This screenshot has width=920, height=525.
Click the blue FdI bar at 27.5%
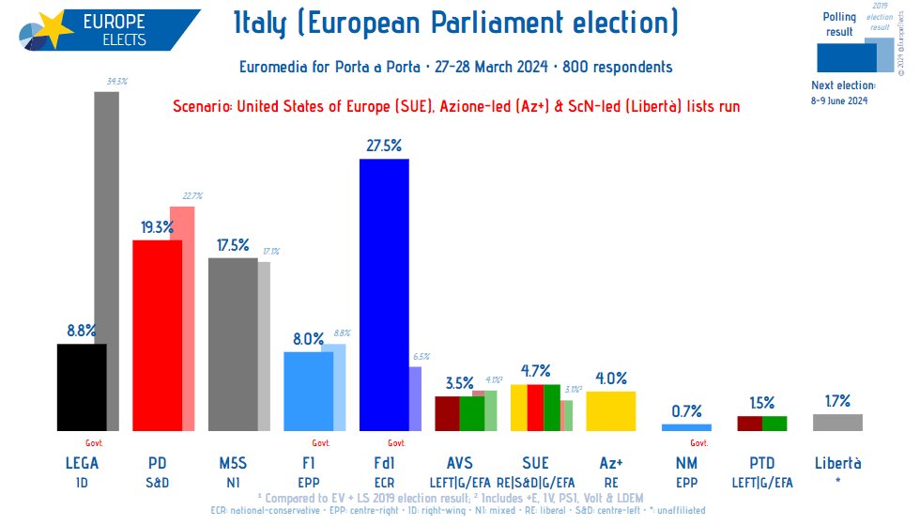coord(384,294)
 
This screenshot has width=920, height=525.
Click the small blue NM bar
coord(686,427)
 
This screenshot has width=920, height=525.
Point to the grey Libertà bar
coord(837,423)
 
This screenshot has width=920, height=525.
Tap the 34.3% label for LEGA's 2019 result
coord(117,83)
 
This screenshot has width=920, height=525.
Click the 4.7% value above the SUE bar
coord(535,370)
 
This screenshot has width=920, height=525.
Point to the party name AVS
coord(460,462)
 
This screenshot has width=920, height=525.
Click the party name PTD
coord(761,462)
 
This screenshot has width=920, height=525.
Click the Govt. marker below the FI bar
coord(320,443)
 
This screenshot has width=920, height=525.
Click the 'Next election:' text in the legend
coord(843,85)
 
